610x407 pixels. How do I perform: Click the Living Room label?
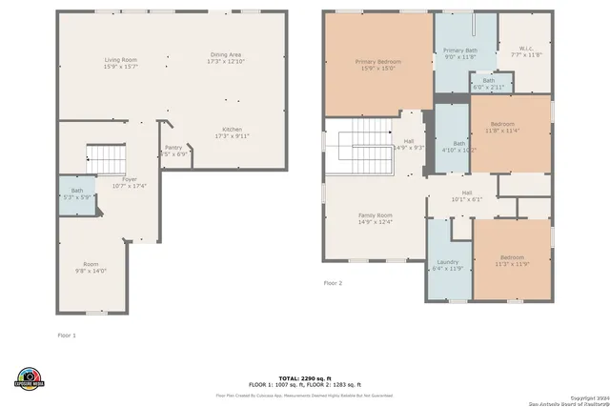coord(120,63)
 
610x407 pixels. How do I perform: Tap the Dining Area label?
coord(226,58)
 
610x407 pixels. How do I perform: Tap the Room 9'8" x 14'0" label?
coord(91,268)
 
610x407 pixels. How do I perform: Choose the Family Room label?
coord(375,218)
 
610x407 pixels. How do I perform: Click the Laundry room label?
coord(447,265)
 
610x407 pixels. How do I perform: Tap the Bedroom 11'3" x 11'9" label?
coord(512,260)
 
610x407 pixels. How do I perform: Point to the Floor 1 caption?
coord(67,336)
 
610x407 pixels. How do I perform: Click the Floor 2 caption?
coord(333,283)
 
